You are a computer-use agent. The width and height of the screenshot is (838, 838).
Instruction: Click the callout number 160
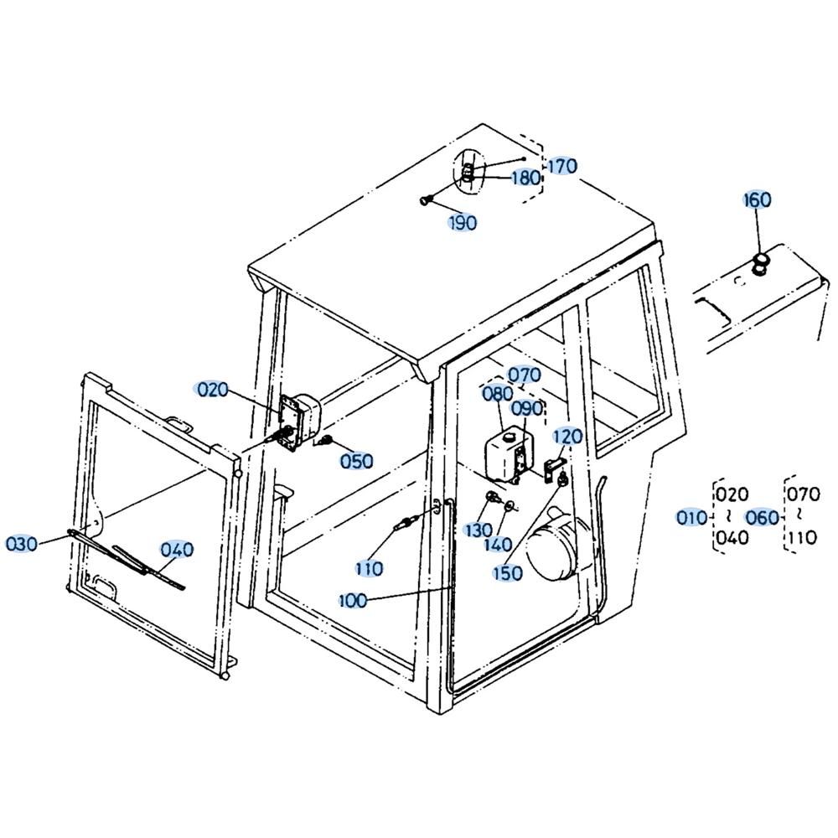tap(758, 200)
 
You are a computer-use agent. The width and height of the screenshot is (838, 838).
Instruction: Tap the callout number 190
tap(463, 222)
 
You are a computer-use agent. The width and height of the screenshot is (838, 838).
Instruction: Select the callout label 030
tap(22, 544)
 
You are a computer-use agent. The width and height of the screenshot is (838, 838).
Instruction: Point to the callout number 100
tap(354, 600)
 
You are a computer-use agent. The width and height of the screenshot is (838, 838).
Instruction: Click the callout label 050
tap(356, 461)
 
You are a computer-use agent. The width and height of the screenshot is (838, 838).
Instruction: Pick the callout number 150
tap(507, 573)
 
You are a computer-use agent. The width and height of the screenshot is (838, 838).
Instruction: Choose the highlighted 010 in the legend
tap(692, 517)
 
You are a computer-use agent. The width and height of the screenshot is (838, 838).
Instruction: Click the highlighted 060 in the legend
tap(762, 517)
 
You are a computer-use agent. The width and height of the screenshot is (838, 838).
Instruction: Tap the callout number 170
tap(562, 166)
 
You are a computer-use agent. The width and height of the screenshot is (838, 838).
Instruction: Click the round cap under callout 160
tap(760, 264)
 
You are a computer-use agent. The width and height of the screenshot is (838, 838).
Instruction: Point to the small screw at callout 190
tap(425, 201)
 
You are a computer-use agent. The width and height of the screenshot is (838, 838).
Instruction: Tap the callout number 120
tap(567, 437)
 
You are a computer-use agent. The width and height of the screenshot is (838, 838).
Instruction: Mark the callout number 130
tap(478, 530)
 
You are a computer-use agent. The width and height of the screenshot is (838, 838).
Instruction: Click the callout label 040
tap(177, 550)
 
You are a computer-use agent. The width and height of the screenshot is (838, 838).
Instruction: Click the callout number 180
tap(526, 178)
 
